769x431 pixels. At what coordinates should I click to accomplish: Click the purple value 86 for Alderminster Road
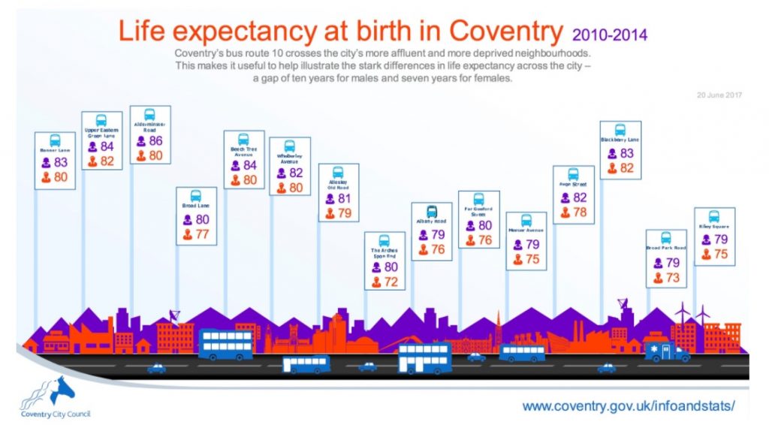[155, 140]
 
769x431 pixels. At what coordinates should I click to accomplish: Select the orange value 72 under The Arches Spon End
[390, 282]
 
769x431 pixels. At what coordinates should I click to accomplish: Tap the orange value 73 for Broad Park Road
[671, 278]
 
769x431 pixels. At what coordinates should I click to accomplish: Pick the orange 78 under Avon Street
[580, 212]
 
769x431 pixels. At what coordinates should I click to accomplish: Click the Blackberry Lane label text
[620, 140]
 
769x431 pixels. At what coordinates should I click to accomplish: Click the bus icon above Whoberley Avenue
[289, 146]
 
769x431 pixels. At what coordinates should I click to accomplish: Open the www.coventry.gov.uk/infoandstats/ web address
[628, 406]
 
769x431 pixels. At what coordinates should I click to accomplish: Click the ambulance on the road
[668, 351]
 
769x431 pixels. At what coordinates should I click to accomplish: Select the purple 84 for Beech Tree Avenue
[250, 165]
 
